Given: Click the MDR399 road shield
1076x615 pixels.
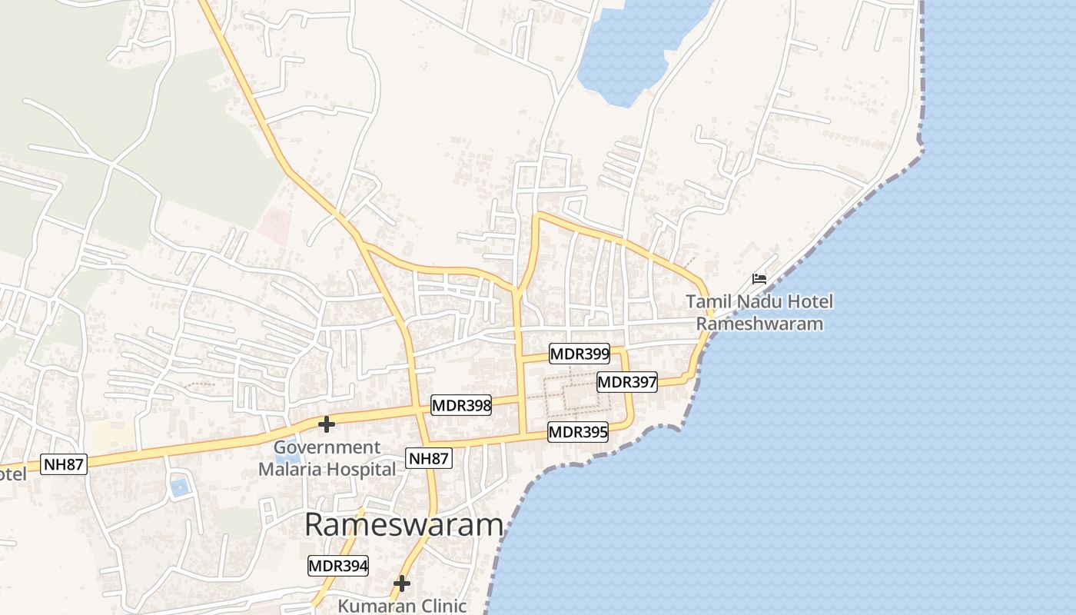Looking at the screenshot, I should click(580, 354).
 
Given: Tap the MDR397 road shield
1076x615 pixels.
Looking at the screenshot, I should click(627, 382).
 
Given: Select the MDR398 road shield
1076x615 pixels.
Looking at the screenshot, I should click(461, 406).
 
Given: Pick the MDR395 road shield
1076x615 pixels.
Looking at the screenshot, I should click(578, 432).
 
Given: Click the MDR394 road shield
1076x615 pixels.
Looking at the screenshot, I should click(338, 567).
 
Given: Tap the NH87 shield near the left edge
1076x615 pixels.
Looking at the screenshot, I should click(64, 464).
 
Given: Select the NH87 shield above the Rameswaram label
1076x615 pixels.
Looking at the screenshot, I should click(429, 459).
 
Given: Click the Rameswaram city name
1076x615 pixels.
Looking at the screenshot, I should click(403, 525).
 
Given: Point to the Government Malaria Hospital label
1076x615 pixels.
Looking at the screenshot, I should click(327, 458).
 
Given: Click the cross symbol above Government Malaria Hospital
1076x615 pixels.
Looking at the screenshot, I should click(327, 424).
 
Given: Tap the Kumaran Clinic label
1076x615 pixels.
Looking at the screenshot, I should click(402, 606).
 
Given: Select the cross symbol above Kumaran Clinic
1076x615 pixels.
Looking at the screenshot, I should click(401, 584).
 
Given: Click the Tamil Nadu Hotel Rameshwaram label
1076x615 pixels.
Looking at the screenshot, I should click(759, 312).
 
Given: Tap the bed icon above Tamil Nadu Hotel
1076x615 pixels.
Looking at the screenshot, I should click(759, 278).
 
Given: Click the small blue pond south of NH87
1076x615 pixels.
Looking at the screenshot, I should click(179, 487).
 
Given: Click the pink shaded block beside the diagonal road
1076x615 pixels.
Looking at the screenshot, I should click(274, 224).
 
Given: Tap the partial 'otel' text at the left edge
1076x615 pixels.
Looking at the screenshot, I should click(12, 474).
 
